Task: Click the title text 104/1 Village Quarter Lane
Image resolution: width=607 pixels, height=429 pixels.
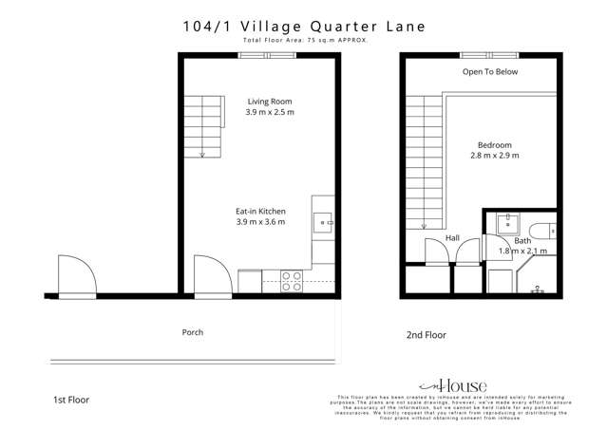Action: click(304, 28)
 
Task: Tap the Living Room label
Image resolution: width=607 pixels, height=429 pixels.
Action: click(269, 102)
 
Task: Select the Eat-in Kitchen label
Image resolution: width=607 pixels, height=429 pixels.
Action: click(260, 211)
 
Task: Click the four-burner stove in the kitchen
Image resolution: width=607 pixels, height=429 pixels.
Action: click(292, 281)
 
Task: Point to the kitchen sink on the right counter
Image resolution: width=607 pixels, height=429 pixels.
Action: click(323, 224)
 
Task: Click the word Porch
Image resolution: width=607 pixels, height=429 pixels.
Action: click(193, 332)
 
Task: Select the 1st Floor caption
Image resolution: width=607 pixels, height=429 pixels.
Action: click(71, 400)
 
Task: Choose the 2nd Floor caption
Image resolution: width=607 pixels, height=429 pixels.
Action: click(427, 335)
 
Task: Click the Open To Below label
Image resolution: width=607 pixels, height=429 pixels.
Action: click(490, 71)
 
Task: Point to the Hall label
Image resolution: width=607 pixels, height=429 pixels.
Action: click(452, 238)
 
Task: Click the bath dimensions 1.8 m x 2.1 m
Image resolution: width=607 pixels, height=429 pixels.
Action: click(522, 252)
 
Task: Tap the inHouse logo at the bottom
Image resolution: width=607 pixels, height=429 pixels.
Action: click(460, 386)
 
